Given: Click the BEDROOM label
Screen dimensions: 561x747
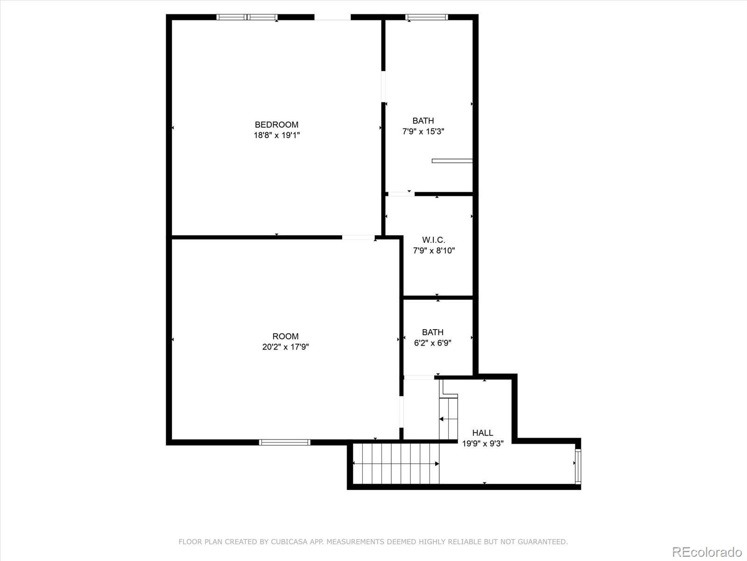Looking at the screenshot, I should coord(276,125).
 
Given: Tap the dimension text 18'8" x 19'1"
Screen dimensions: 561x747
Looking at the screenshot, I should coord(276,136).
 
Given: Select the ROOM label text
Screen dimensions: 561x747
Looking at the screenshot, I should coord(285,336).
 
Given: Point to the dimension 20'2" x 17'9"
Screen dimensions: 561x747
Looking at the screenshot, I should coord(285,347).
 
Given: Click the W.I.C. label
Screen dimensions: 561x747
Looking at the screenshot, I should coord(434,240).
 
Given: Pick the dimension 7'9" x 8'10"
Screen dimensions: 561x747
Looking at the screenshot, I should coord(434,251).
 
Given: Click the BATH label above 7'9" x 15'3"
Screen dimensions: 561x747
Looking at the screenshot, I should coord(423,121).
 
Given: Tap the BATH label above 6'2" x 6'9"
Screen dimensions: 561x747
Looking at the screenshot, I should coord(432,332).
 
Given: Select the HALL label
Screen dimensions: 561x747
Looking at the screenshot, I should coord(482,433).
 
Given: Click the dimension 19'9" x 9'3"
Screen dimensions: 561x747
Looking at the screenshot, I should coord(482,444).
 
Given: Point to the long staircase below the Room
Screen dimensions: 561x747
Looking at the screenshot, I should coord(396,463).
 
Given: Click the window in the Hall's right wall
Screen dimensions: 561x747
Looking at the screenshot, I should coord(578,466).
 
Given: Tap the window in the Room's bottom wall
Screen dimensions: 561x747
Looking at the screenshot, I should coord(285,442).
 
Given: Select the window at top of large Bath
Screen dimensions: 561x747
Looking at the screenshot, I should coord(426,17).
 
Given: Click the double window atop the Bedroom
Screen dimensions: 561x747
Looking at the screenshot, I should coord(247,17).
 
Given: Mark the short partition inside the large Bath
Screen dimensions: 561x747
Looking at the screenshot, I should coord(452,161).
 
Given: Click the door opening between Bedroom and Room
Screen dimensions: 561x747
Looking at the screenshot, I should coord(358,237).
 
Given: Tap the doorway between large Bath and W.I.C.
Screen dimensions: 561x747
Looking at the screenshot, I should coord(401,194).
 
